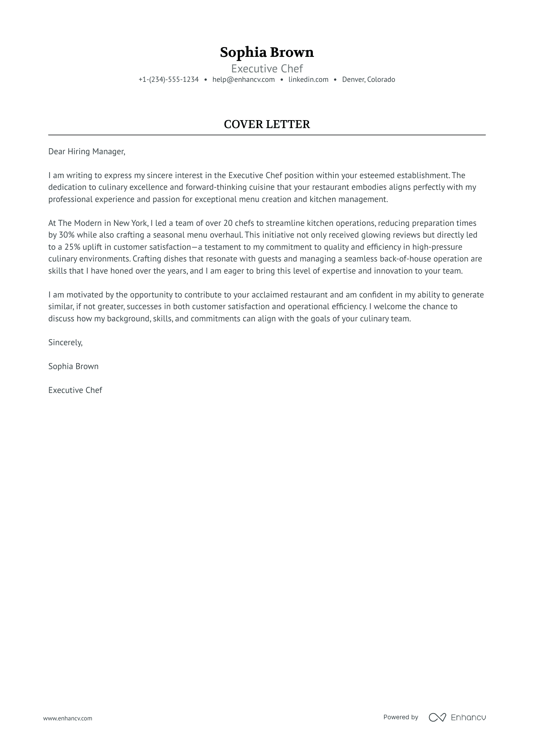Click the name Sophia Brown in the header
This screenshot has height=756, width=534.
click(267, 52)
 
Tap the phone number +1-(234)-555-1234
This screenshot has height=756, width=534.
click(169, 80)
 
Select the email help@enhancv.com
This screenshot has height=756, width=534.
click(244, 80)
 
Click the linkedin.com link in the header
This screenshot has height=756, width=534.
click(308, 80)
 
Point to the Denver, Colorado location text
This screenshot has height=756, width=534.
click(368, 80)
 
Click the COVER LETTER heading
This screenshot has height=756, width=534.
click(267, 124)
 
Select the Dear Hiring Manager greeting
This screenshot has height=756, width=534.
click(87, 152)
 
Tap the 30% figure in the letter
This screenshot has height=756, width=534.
click(66, 235)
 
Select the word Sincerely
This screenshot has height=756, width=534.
click(65, 343)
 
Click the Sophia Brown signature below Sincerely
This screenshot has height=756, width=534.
click(73, 366)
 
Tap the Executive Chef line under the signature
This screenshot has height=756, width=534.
click(75, 390)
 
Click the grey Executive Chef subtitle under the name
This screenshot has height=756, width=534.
click(267, 69)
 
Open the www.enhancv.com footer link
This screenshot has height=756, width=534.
click(67, 718)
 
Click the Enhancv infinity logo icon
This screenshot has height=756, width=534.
click(437, 717)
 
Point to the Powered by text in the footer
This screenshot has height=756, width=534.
click(400, 717)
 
